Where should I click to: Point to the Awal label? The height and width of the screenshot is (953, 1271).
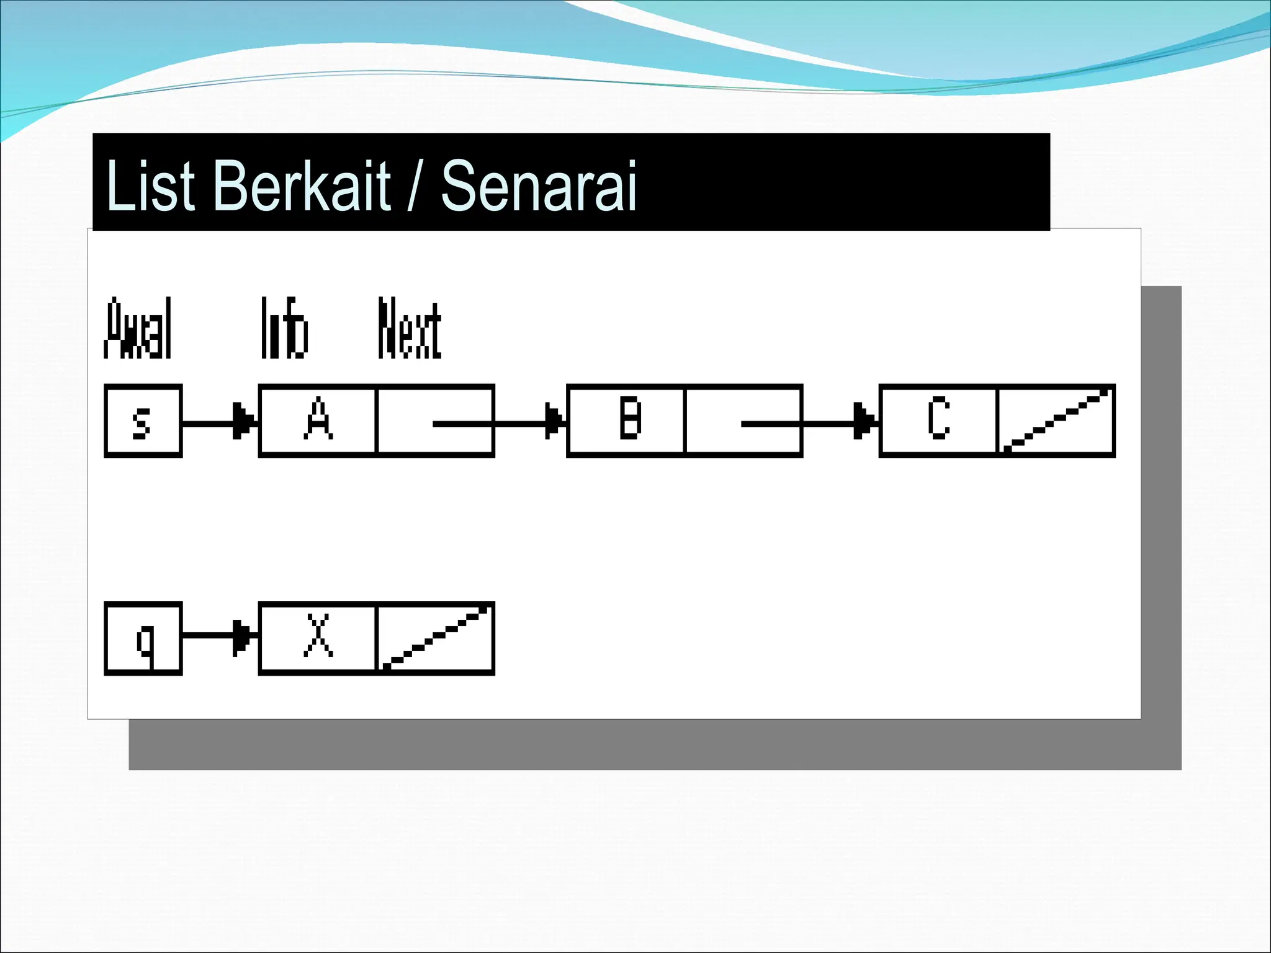pos(138,329)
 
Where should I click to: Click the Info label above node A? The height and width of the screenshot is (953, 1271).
pos(284,329)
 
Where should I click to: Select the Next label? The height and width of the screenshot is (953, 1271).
pos(410,329)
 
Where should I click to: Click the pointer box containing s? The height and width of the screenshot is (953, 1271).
pos(143,421)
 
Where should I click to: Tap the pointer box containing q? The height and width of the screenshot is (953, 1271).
pos(143,638)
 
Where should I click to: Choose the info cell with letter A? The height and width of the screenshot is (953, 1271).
pos(318,421)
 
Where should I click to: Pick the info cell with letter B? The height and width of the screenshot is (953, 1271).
pos(627,421)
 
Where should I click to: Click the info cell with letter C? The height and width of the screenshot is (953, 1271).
pos(938,421)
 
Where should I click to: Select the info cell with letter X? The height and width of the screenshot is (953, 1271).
pos(318,638)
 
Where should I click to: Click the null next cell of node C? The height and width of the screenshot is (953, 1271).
pos(1055,421)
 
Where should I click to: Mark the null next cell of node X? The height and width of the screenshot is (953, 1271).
pos(434,638)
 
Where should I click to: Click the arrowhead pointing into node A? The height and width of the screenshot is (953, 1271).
pos(244,422)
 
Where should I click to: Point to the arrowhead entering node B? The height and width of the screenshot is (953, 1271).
pos(554,422)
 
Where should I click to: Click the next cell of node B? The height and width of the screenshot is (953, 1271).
pos(743,421)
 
